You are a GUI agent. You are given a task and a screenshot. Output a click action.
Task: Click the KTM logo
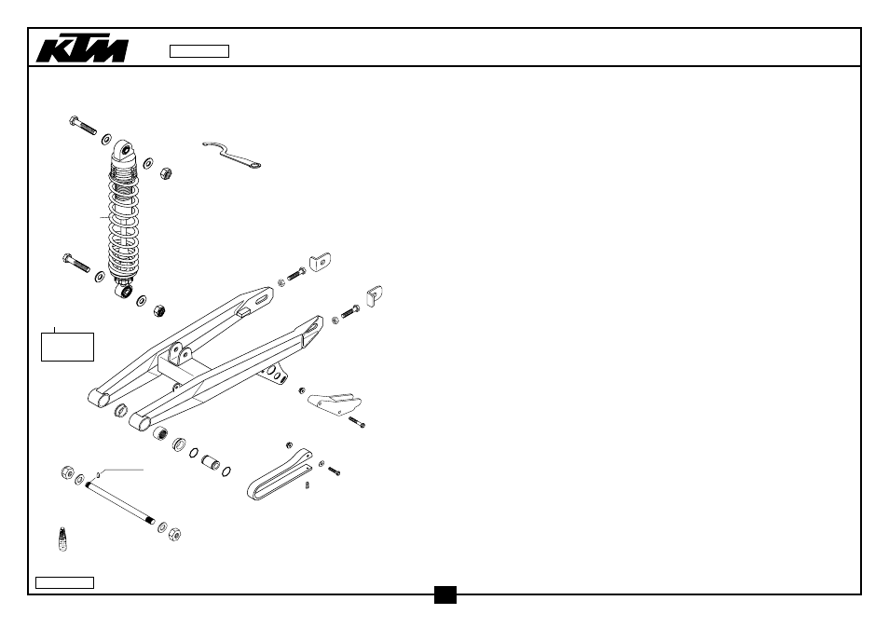[x=82, y=49]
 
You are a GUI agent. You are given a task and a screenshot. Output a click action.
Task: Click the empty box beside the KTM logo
[x=199, y=51]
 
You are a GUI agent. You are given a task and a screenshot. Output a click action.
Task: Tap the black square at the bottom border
[x=445, y=594]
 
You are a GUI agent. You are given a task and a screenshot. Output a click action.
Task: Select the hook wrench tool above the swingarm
[x=230, y=154]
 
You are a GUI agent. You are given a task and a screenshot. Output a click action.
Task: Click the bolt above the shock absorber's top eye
[x=83, y=125]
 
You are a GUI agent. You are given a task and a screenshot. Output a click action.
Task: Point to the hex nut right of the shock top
[x=165, y=173]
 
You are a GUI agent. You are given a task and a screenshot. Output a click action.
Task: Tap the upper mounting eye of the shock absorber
[x=125, y=151]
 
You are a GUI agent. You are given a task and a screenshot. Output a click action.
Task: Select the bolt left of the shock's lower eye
[x=76, y=263]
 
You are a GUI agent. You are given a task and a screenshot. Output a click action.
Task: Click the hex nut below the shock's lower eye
[x=159, y=310]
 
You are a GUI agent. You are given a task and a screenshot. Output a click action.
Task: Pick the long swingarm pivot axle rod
[x=119, y=503]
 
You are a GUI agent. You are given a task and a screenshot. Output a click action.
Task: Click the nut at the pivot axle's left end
[x=67, y=472]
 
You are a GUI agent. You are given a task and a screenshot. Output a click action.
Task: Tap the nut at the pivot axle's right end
[x=174, y=533]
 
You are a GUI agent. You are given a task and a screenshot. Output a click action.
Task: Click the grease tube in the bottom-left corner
[x=62, y=539]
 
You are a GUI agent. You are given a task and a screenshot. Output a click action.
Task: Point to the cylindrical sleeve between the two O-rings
[x=211, y=462]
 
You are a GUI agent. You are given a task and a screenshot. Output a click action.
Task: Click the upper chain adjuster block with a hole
[x=320, y=262]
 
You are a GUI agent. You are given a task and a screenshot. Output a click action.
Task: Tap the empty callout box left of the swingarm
[x=67, y=347]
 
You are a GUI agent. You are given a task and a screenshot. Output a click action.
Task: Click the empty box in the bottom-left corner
[x=64, y=582]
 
